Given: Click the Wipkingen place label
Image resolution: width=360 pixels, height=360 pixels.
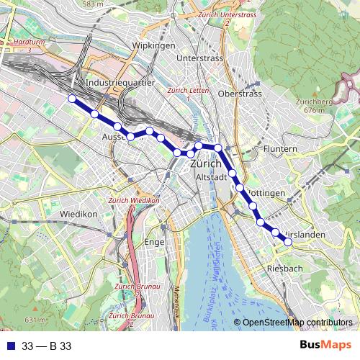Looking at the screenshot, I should [153, 45].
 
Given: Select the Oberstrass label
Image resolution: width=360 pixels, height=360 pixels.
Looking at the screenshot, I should [240, 94].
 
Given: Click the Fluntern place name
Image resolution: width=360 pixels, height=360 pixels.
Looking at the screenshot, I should [280, 149].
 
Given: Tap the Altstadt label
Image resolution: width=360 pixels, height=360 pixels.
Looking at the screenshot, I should [212, 177].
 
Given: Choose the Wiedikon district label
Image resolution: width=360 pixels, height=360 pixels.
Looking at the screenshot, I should [78, 215].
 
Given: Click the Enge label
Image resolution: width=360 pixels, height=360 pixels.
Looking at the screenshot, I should [155, 243].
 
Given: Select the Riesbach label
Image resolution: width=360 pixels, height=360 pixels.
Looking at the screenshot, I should [284, 268].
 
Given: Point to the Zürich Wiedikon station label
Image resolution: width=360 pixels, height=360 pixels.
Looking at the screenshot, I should [133, 200].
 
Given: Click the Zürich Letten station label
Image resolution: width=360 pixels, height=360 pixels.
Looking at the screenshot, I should [187, 91].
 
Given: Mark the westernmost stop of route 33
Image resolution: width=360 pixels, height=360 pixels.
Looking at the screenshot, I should [71, 99].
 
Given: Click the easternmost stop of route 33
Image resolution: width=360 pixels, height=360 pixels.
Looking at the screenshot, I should [288, 242].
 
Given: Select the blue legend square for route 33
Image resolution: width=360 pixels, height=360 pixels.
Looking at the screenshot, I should [11, 346].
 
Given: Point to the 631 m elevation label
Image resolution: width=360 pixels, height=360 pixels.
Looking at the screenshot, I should [35, 320].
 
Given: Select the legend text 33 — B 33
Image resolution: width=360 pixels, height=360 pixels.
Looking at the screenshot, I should [47, 346].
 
